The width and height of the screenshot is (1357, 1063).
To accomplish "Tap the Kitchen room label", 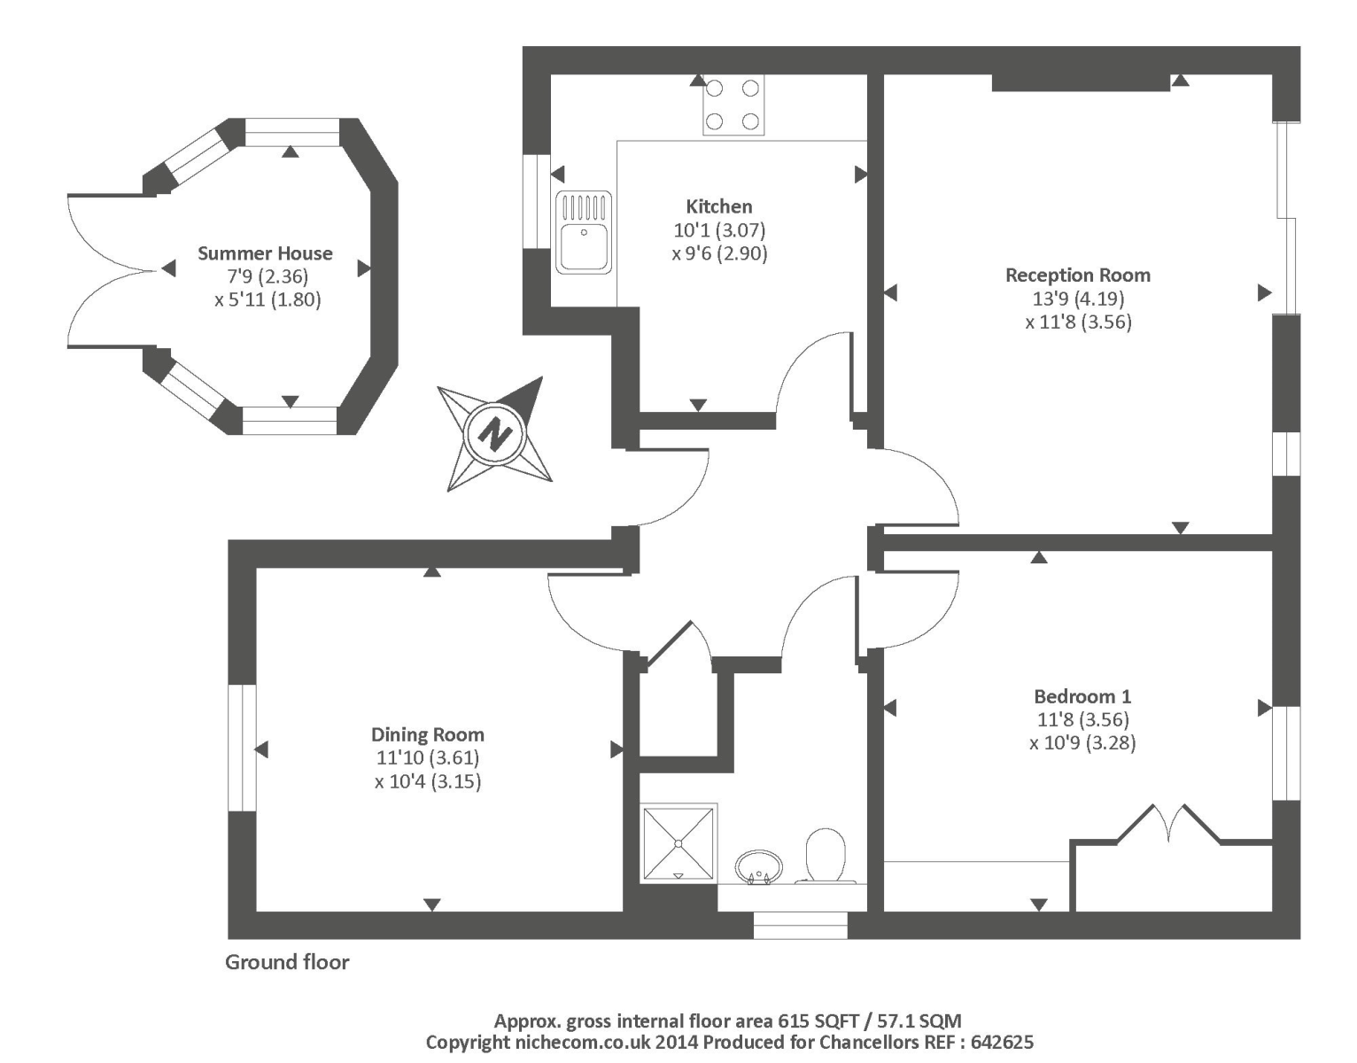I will coord(719,206).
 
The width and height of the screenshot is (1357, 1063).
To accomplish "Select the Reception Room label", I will coord(1077,275).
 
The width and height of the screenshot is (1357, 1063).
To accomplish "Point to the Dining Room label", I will coord(427,734).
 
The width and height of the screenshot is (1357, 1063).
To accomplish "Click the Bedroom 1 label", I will coord(1082,696).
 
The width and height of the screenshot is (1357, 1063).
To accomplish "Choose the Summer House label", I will coord(265,253).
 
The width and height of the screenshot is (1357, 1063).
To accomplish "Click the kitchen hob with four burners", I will coord(733,105).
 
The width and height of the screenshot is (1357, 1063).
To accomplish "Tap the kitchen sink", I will coord(583,233).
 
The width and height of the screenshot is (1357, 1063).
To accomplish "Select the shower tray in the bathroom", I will coord(678,842).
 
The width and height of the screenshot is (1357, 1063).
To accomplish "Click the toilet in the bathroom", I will coord(826,856).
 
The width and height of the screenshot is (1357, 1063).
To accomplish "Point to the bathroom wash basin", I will coord(759,865).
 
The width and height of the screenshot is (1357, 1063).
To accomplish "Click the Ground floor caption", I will coord(287,962).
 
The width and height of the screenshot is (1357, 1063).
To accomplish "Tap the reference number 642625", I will coord(1002,1043).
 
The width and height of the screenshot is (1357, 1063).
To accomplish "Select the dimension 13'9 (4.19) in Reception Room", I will coord(1077,299).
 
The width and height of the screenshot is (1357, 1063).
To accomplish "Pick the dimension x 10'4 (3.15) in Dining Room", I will coord(427,781).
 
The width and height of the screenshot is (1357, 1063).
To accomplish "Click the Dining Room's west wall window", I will coord(242,748).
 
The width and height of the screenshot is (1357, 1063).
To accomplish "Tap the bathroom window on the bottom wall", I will coord(800,926).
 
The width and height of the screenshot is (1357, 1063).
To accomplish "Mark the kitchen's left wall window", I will coord(536,202).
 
